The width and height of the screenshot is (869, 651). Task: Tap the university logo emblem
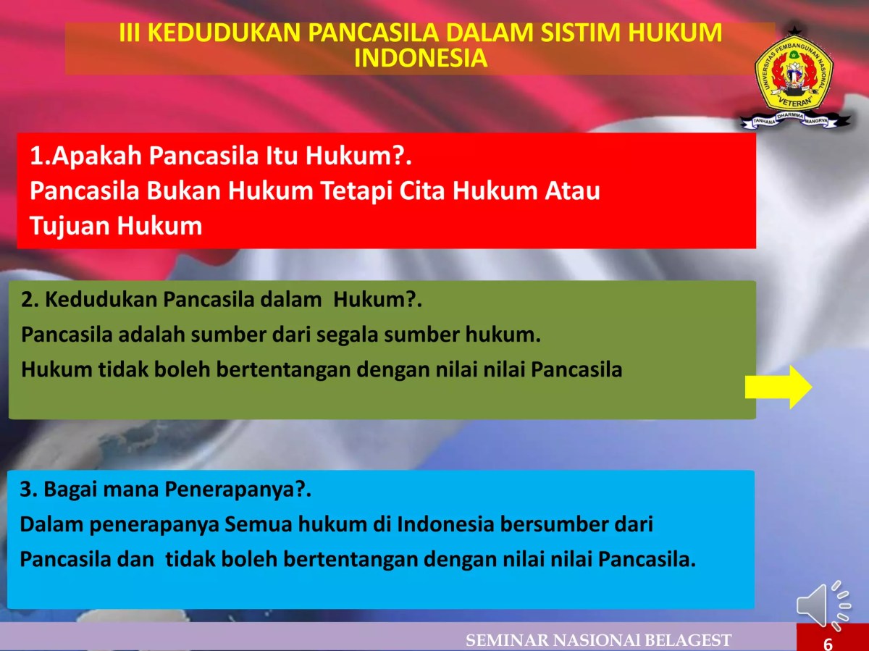point(794,76)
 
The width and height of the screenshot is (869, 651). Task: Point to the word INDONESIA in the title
point(421,59)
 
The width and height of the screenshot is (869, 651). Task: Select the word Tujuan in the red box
point(70,226)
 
